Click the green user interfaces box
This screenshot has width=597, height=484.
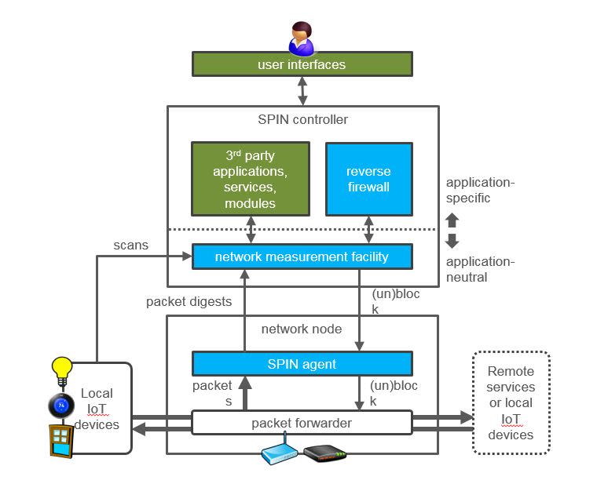[x=302, y=64]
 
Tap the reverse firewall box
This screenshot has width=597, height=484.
[x=368, y=179]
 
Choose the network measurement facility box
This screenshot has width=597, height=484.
[x=302, y=257]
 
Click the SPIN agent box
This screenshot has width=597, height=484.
[x=302, y=363]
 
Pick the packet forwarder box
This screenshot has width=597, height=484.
[x=302, y=423]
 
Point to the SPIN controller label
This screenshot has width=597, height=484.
[x=302, y=120]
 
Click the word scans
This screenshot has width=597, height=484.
[x=131, y=246]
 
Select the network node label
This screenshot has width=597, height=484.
[x=302, y=329]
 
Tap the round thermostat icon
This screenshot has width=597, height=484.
[x=60, y=406]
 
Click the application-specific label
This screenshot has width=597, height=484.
[x=479, y=191]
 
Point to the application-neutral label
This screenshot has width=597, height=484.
[x=479, y=269]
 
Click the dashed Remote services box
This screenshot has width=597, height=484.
[x=510, y=402]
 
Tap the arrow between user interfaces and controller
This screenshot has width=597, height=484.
[x=302, y=91]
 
